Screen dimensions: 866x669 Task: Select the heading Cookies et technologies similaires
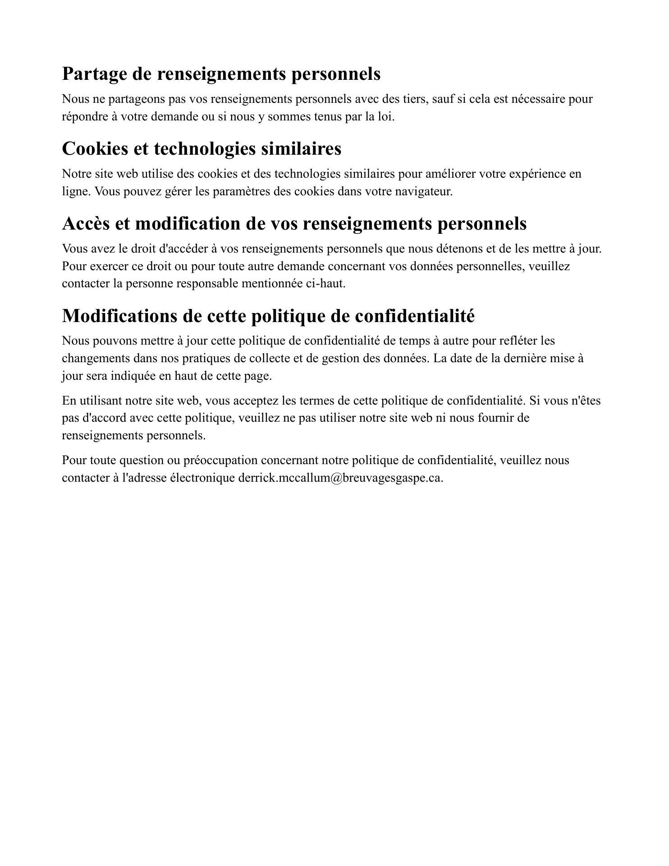pos(202,149)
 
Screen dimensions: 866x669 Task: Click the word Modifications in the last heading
pos(119,316)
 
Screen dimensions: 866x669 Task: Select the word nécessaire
pos(536,99)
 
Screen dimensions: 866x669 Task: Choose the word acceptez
pos(253,401)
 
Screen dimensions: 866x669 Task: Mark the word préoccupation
pos(220,461)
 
